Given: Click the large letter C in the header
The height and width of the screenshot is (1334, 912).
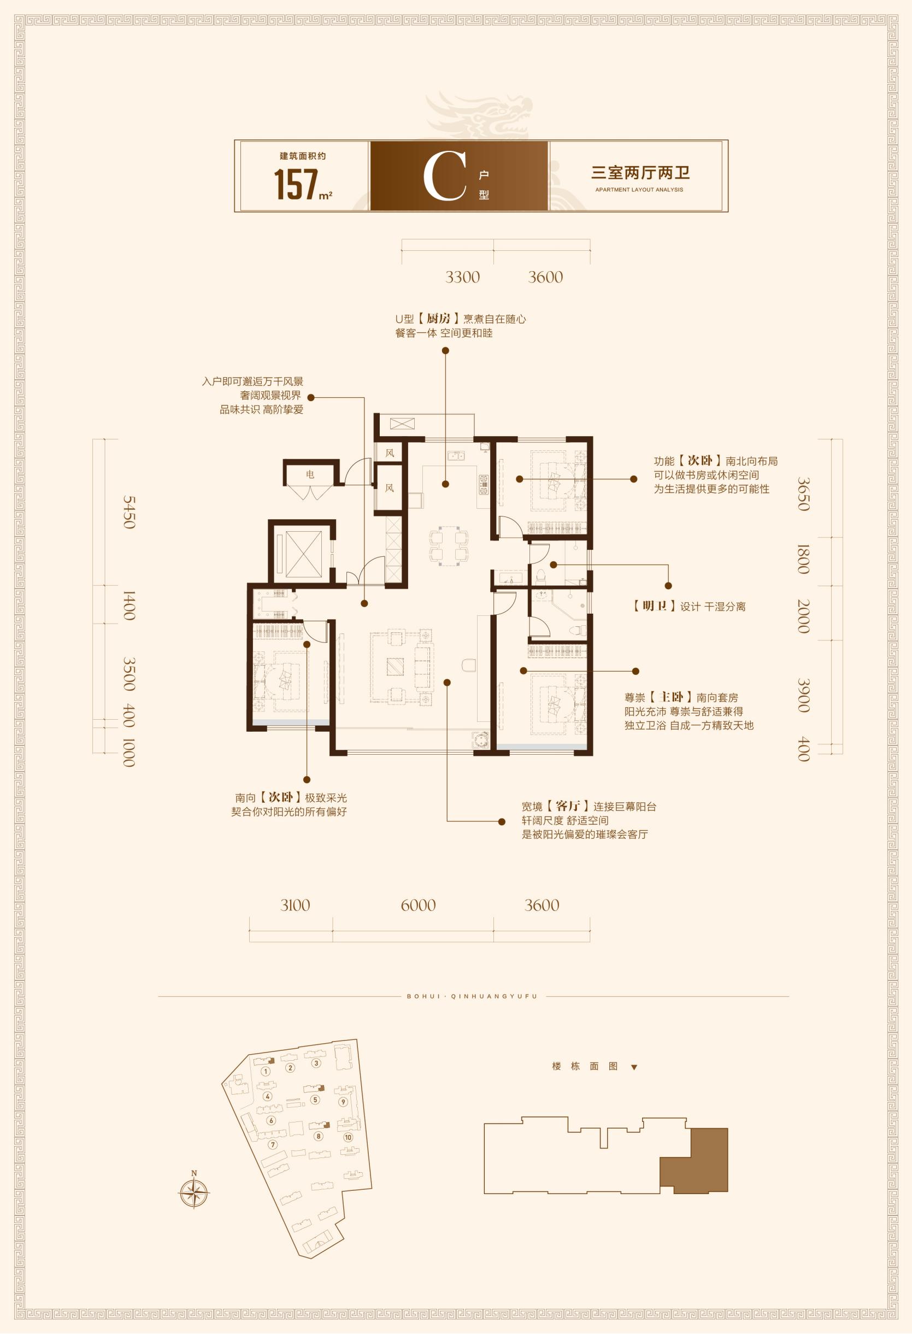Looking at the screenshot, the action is coord(444,176).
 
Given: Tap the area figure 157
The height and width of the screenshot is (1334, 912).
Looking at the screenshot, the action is coord(296,184).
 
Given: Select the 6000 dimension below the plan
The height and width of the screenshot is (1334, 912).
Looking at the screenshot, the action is coord(419,905).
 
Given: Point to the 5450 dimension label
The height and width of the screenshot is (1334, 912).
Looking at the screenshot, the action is coord(129,513).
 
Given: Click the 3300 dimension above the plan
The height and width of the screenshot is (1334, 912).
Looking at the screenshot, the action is coord(463,277).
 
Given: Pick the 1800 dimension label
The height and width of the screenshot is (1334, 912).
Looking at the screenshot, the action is coord(803,560).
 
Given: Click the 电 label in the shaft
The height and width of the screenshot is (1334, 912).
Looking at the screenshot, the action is coord(310,475).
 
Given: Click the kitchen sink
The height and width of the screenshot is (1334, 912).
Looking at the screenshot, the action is coord(456,456).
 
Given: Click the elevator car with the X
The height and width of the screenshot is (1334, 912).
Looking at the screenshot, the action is coord(304,554).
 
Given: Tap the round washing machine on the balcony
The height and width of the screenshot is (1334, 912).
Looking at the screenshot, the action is coord(479,739).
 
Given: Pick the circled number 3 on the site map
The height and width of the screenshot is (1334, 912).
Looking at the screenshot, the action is coord(316,1063).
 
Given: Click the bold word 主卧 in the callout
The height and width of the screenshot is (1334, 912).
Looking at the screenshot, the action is coord(672,697).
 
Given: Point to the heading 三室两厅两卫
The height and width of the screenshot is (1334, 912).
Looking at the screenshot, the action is coord(640,173).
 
